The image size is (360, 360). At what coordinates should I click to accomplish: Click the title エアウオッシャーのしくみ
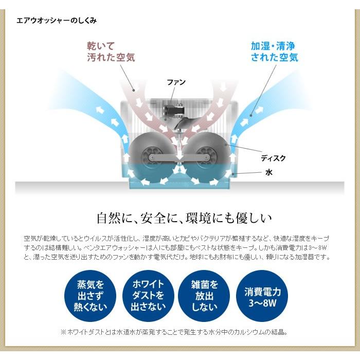click(x=57, y=21)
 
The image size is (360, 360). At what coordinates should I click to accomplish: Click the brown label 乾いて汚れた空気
click(x=110, y=51)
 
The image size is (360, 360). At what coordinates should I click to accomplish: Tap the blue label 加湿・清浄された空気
click(x=274, y=51)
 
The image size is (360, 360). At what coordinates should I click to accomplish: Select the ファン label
click(x=176, y=82)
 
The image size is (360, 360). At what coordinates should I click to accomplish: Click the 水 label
click(x=268, y=173)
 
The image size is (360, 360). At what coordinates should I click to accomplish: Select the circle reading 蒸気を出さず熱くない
click(x=91, y=295)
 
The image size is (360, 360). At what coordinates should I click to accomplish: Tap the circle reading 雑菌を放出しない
click(x=205, y=295)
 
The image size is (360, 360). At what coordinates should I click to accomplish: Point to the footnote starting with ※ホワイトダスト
click(x=181, y=332)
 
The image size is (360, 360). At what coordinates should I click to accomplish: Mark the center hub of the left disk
click(x=151, y=156)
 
